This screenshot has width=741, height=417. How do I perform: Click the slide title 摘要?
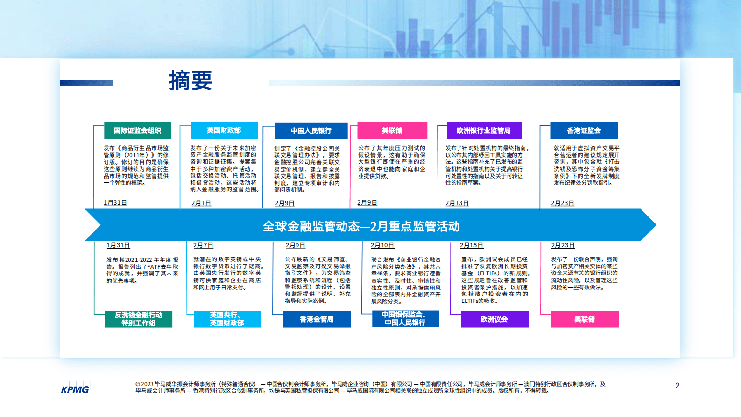(191, 80)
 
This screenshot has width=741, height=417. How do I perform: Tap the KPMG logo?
(75, 388)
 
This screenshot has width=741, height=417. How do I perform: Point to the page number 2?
(677, 386)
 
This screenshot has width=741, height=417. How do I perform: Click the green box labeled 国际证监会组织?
(137, 130)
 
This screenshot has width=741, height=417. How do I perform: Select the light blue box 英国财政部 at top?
(224, 130)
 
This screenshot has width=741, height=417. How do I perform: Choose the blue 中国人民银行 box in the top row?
(311, 131)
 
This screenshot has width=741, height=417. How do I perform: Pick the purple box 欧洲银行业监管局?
(483, 130)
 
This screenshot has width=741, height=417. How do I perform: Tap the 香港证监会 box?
(584, 130)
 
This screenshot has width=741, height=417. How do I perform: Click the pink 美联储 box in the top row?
(392, 130)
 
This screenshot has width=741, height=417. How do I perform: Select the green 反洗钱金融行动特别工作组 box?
(138, 319)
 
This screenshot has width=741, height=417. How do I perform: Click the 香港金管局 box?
(317, 319)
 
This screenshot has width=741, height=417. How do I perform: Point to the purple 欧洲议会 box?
(494, 319)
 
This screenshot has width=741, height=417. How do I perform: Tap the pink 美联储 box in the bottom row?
(585, 319)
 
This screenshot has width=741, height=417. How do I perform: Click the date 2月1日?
(201, 203)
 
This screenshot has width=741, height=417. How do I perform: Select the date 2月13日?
(457, 203)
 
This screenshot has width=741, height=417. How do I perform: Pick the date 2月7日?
(203, 245)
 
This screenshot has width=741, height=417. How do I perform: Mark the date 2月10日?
(382, 245)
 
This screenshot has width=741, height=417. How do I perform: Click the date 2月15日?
(471, 245)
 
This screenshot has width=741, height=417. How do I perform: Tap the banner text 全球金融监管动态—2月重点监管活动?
(361, 226)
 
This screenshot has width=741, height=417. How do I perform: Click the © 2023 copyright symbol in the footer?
(138, 384)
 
